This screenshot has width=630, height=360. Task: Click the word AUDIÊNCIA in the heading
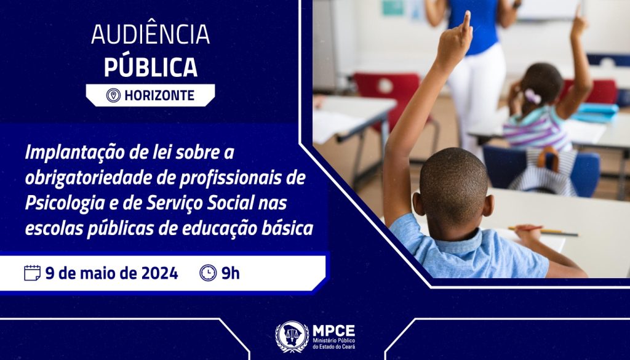[150, 36]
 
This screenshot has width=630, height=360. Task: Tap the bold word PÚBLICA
[150, 67]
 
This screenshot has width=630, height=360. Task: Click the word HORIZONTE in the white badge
[159, 95]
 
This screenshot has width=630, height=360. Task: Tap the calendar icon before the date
[32, 273]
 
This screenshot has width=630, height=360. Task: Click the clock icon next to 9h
[208, 273]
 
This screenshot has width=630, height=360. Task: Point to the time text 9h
[231, 273]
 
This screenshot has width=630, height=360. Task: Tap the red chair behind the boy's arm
[388, 92]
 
